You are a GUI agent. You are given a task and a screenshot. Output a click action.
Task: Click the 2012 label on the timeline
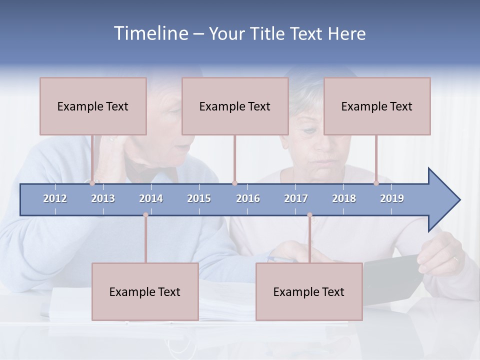coord(55,198)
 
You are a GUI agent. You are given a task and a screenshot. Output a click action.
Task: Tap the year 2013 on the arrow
coord(103,198)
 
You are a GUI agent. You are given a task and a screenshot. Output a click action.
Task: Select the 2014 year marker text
coord(151,198)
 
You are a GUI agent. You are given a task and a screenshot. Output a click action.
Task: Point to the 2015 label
coord(199,198)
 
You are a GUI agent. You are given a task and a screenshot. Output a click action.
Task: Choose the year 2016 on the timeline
coord(248,198)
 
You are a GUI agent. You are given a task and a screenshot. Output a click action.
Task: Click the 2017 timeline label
coord(296,198)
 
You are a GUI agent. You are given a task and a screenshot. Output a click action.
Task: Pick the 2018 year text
coord(344,198)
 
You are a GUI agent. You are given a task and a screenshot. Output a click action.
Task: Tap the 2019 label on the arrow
coord(392,198)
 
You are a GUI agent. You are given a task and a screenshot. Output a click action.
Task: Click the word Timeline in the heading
coord(150,33)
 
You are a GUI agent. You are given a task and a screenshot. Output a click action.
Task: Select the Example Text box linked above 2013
coord(93,106)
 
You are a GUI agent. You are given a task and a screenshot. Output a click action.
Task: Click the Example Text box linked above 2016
coord(235,106)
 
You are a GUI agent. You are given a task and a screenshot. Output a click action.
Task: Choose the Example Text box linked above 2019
coord(377,106)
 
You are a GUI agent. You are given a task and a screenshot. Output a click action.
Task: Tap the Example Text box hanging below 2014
coord(145,291)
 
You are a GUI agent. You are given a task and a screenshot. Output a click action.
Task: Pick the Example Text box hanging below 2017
coord(309,291)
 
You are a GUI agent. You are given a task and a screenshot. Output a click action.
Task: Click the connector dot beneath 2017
coord(309,215)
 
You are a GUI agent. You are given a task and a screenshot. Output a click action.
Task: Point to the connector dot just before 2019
coord(376,183)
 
